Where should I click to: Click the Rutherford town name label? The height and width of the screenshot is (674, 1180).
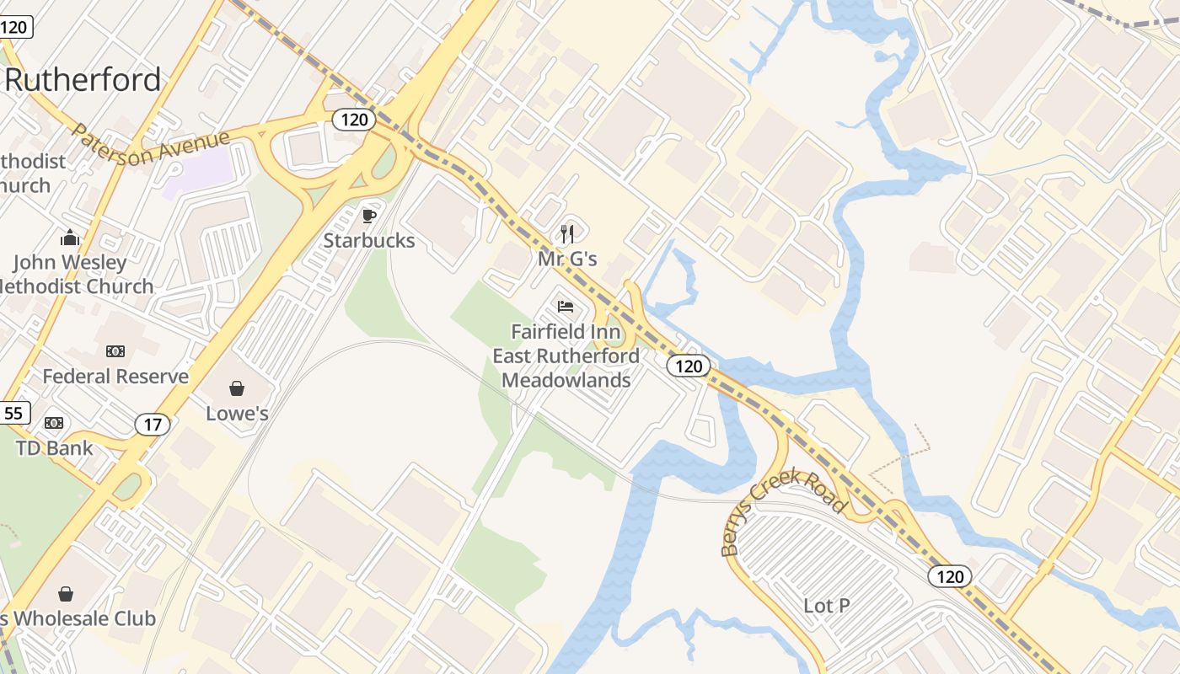pos(83,80)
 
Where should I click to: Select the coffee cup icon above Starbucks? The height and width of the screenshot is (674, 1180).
pos(368,216)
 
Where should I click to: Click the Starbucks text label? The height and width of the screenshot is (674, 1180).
pos(369,241)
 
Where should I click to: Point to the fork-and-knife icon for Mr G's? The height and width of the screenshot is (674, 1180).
pos(567,233)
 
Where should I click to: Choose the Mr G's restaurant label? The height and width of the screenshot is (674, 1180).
pos(567,259)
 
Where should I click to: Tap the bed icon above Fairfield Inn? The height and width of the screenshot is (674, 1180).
pos(566,307)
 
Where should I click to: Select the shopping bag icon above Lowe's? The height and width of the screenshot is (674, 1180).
pos(237,388)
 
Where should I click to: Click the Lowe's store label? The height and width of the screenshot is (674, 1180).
pos(237,413)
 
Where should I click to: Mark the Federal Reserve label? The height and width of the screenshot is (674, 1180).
pos(115,376)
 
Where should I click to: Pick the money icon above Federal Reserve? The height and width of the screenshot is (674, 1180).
pos(115,351)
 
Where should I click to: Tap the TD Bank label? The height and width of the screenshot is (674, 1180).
pos(55,447)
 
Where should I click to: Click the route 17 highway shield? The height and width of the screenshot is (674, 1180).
pos(152,424)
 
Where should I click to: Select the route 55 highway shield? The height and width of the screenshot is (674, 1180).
pos(14,413)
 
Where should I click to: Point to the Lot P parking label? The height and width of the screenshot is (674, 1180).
pos(826,605)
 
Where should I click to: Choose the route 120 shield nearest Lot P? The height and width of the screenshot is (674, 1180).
pos(950,576)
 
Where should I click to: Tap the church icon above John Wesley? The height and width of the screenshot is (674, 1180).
pos(70,238)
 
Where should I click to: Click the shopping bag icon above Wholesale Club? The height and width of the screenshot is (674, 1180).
pos(66,594)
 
